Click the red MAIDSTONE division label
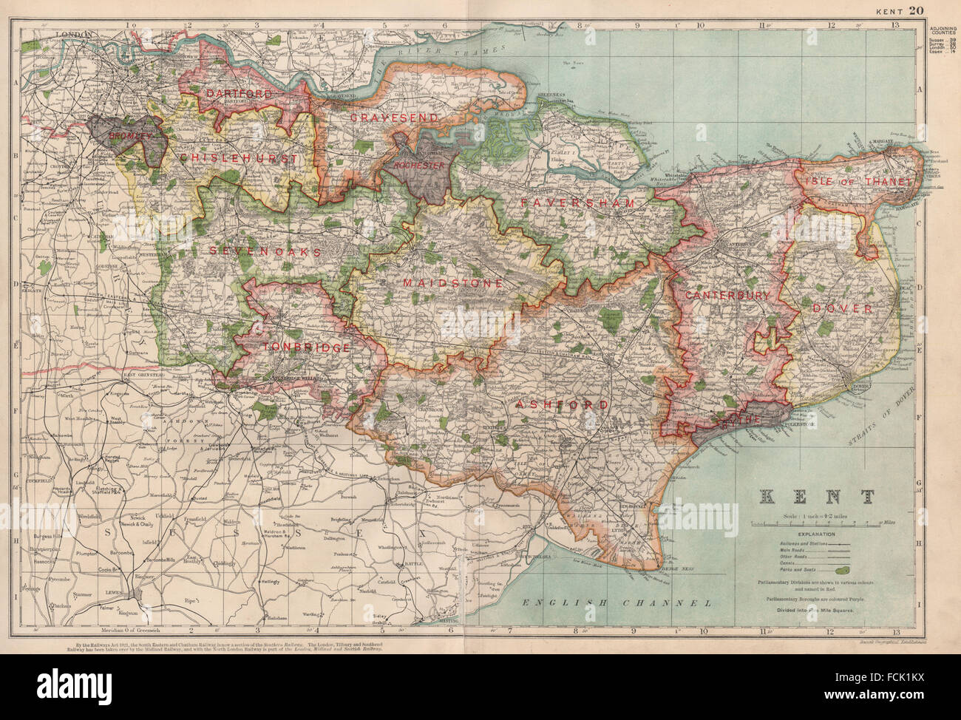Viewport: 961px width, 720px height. tap(453, 283)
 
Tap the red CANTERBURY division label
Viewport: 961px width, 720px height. tap(727, 295)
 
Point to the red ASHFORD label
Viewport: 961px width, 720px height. tap(563, 405)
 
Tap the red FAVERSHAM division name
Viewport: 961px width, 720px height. tap(577, 203)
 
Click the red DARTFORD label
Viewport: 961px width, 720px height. tap(239, 94)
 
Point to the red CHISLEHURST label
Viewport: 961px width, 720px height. tap(236, 159)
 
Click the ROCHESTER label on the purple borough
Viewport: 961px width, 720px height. tap(419, 166)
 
